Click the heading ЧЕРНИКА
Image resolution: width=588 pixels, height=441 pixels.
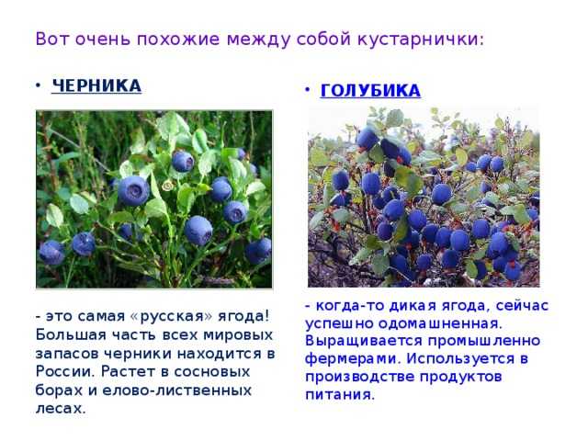(96, 85)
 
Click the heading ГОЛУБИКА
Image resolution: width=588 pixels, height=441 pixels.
(370, 91)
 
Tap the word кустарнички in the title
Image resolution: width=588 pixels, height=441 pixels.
(421, 40)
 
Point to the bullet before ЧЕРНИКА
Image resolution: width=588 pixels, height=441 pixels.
(38, 85)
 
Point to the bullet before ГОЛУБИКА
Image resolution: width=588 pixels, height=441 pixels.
(307, 90)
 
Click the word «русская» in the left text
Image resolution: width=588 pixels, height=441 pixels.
(172, 316)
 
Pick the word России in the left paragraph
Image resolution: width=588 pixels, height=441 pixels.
(64, 371)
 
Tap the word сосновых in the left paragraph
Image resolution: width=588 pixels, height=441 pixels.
(212, 372)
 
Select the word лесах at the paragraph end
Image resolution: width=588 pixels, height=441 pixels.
(61, 408)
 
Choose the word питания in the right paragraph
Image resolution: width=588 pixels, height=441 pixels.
(340, 394)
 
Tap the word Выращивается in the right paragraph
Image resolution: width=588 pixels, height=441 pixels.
(364, 341)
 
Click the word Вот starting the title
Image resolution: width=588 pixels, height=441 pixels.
(52, 39)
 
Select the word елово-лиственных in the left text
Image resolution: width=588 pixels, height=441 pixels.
(176, 390)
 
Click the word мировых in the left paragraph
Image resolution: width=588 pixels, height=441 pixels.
(238, 334)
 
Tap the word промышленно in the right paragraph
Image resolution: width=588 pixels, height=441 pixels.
(484, 341)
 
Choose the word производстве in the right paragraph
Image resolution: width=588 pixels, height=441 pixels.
(360, 377)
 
